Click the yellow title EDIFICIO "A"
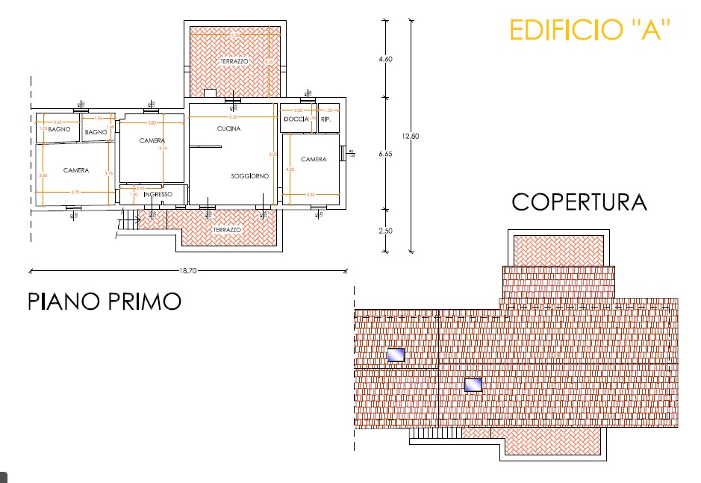[x=590, y=30]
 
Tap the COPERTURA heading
[x=579, y=202]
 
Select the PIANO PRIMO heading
[x=105, y=301]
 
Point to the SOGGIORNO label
[x=249, y=176]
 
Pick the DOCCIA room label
[x=296, y=119]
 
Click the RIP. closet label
[x=325, y=119]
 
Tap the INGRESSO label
[x=158, y=195]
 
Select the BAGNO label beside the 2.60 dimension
[x=59, y=129]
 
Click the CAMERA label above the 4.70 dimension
[x=75, y=170]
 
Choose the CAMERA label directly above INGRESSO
[x=152, y=140]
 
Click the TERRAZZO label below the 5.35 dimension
[x=234, y=60]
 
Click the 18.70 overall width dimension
[x=187, y=272]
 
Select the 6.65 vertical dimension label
[x=385, y=154]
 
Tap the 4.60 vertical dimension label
[x=385, y=59]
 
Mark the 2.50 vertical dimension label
[x=385, y=231]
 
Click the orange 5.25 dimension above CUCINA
[x=233, y=117]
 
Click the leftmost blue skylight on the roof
[x=395, y=355]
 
